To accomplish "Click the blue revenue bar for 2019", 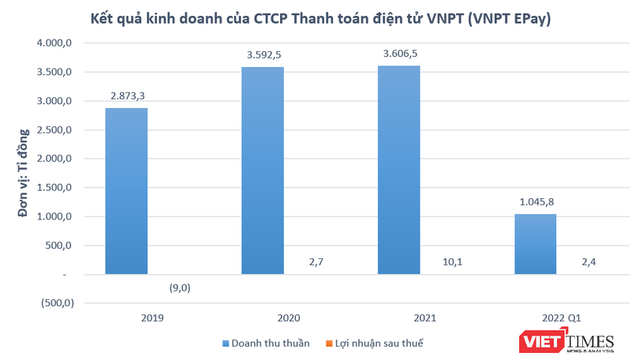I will tap(126, 191).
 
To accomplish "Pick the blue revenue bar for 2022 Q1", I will tap(534, 244).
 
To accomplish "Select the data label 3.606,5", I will tap(398, 54).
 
